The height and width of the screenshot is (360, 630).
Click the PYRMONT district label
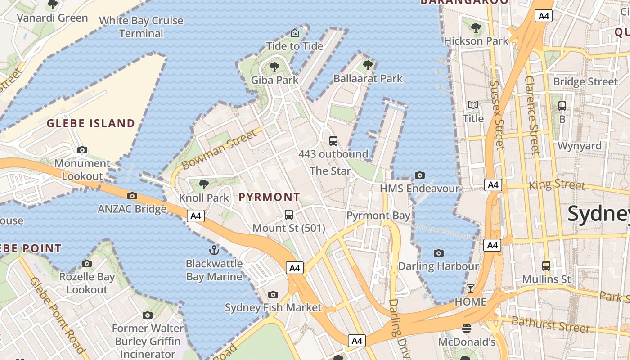pos(269,197)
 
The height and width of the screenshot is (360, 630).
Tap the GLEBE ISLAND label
pos(91,123)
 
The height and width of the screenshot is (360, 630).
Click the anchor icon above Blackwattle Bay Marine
pos(214,250)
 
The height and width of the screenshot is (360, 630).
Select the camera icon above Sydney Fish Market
pos(273,294)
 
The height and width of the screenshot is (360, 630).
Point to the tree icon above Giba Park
pos(274,67)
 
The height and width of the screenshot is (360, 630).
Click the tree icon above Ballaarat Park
pos(368,65)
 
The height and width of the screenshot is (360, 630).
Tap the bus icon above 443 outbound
pos(333,140)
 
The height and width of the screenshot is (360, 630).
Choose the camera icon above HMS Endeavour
pos(420,175)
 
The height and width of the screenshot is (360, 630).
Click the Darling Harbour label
pos(438,266)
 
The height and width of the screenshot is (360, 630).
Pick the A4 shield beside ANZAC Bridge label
pos(196,216)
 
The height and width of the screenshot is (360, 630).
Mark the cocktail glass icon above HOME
pos(471,288)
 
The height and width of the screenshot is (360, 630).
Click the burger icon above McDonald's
pos(467,329)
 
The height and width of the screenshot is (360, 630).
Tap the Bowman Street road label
pos(216,147)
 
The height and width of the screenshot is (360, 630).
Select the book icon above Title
pos(473,105)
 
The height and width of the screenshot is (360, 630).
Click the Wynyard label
pos(580,146)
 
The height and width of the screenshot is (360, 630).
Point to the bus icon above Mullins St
pos(546,266)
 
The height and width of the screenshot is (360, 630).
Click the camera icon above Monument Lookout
pos(82,150)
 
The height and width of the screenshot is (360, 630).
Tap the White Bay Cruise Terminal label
pos(141,27)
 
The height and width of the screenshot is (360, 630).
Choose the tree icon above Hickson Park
pos(476,28)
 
